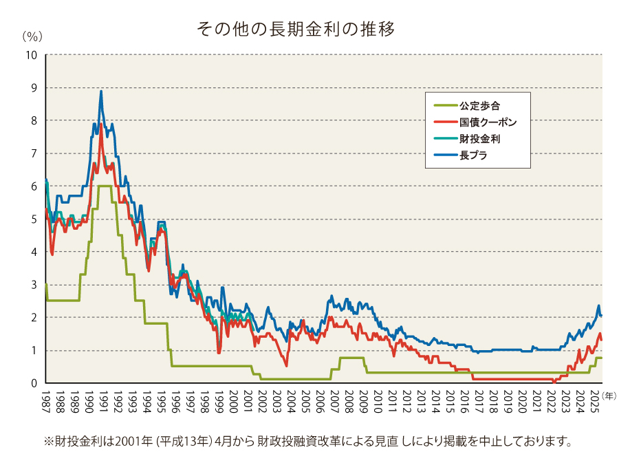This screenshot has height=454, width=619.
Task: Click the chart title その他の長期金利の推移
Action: click(x=295, y=29)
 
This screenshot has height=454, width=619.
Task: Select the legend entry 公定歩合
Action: click(x=479, y=106)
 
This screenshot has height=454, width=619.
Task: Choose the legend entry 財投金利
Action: click(x=479, y=139)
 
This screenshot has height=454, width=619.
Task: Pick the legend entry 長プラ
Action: click(x=474, y=155)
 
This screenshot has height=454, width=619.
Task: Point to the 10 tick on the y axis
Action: click(x=32, y=55)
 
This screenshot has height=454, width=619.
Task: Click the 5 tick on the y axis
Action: click(x=34, y=219)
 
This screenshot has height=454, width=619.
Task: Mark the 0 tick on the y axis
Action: click(x=34, y=383)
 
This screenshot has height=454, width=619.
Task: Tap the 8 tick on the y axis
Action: click(x=34, y=121)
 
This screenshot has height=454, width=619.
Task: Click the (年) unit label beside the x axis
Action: click(x=609, y=394)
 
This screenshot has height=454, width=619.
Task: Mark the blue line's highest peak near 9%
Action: click(x=101, y=91)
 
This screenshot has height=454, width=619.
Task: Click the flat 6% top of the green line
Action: click(x=105, y=186)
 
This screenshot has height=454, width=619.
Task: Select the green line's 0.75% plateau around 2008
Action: click(x=351, y=358)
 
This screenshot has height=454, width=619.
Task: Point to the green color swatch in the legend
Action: click(x=444, y=106)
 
